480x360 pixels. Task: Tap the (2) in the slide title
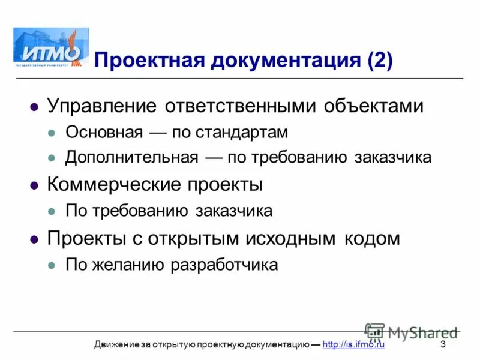point(379,61)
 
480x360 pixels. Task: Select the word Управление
point(103,106)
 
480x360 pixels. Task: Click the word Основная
point(104,132)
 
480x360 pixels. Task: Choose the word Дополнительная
point(131,158)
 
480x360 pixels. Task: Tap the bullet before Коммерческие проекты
point(34,185)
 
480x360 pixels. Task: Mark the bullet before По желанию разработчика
point(52,265)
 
